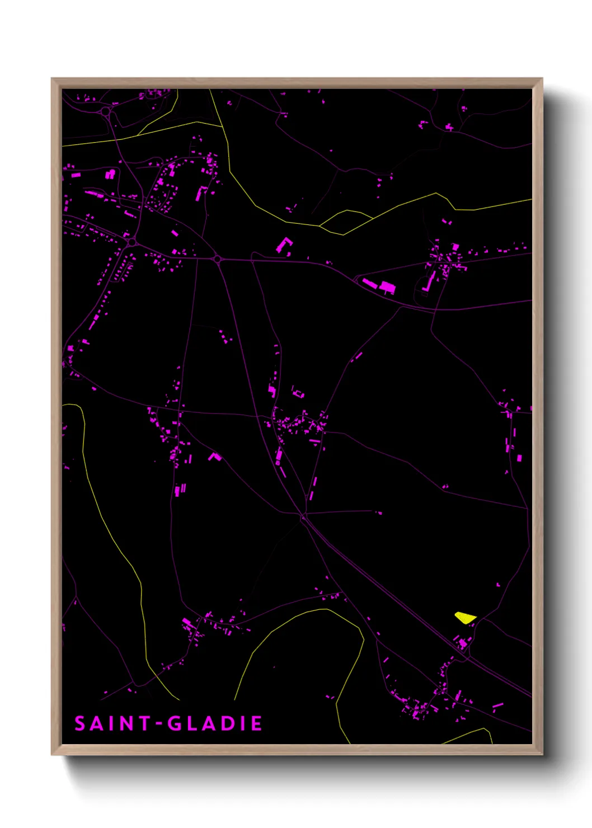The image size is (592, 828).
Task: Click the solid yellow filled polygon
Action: click(464, 618)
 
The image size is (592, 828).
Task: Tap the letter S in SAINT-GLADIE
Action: click(80, 723)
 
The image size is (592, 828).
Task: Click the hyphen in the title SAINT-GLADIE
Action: click(159, 723)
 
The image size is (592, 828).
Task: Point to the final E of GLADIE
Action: click(257, 723)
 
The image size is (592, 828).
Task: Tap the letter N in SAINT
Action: click(126, 723)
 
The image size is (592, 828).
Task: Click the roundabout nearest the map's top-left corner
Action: click(106, 112)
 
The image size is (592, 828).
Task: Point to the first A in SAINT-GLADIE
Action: click(96, 723)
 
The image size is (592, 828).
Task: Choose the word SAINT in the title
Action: click(112, 723)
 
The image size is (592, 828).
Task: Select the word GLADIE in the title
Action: click(215, 723)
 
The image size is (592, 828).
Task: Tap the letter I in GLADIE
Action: click(242, 723)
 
